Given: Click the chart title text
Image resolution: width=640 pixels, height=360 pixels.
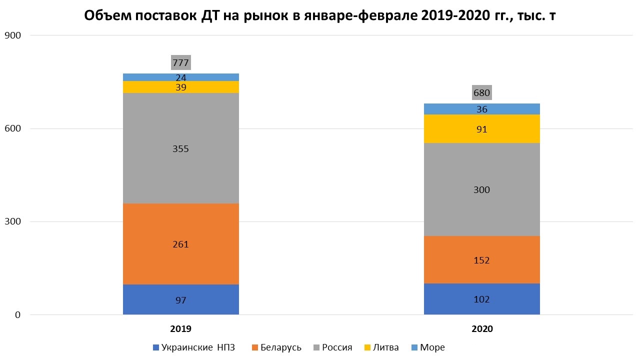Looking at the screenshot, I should coord(320,16).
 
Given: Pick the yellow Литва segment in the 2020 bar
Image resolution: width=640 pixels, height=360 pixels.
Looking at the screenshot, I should coord(481,129).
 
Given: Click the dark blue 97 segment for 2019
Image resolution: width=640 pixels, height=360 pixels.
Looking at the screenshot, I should coord(180,300).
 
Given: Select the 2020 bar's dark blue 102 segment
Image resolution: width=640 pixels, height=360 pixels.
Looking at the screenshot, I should coord(481,299).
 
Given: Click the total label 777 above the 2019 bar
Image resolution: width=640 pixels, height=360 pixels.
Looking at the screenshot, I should coord(180,62).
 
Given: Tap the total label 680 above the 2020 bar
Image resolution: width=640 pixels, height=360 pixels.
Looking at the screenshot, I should coord(481,92).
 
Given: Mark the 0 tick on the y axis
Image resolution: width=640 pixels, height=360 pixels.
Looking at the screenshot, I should coord(17,315).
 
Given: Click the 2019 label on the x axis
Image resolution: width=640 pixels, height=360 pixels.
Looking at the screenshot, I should coord(180,329).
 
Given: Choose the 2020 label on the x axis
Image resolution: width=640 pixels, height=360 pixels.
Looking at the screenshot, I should coord(481,329).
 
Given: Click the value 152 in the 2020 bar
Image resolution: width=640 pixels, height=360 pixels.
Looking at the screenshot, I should coord(481,260).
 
